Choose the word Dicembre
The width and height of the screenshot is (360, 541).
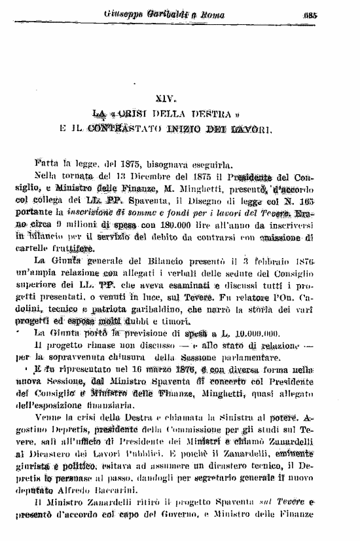(x=146, y=177)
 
